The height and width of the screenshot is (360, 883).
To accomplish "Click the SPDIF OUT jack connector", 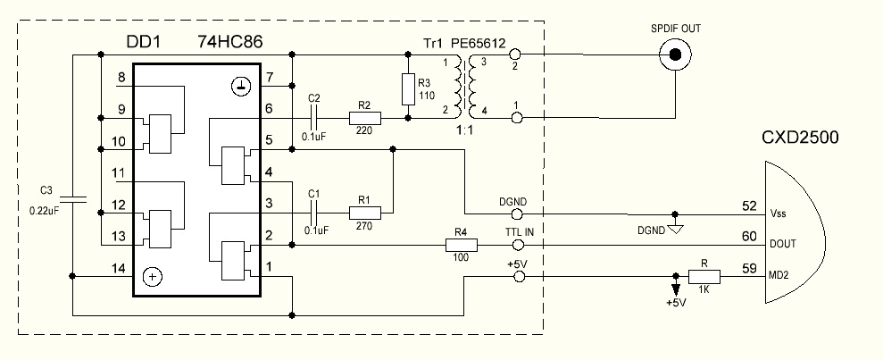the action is point(675,54).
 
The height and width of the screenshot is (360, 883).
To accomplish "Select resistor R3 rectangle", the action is point(409,89).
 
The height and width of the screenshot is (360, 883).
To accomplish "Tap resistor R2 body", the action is point(365,118).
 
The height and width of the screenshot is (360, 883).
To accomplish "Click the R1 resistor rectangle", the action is point(365,213).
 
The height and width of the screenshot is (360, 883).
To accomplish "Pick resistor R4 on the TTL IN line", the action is point(462,245).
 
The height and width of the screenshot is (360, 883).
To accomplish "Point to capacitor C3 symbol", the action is point(73,198).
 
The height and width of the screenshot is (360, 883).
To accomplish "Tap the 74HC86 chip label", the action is point(229,42).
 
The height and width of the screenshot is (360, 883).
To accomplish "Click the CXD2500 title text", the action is point(800,137).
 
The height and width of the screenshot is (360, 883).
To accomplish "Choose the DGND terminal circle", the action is point(516,214).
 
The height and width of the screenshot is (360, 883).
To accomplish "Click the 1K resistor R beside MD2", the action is point(704,277).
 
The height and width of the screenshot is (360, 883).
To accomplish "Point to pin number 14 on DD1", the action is point(119,268).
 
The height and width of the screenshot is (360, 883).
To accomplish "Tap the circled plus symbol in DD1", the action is point(152,277).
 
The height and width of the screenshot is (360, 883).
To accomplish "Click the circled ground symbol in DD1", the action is point(240,86).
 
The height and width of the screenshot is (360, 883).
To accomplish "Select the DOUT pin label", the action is point(783,244).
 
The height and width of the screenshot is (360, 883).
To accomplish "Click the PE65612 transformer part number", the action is point(478,44).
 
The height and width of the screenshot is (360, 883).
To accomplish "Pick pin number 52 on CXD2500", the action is point(750,206).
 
